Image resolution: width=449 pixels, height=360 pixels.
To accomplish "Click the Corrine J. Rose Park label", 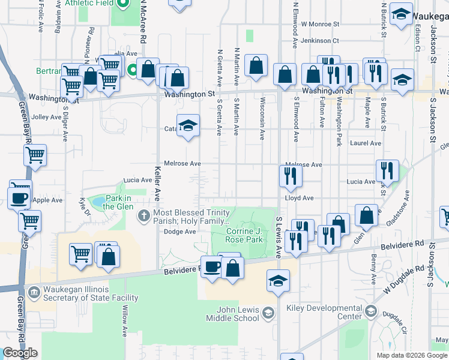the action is coord(244,235).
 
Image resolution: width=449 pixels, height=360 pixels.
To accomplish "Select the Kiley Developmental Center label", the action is coord(333,312).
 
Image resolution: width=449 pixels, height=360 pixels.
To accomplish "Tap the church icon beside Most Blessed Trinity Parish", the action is coord(144,215).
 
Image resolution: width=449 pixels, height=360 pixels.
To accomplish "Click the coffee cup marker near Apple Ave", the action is coord(19,198).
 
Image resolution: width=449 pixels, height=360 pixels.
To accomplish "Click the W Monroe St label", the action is coord(321,25).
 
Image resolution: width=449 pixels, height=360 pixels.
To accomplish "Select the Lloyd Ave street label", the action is coord(299,197).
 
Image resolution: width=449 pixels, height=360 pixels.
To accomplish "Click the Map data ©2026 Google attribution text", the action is coord(411,355).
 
